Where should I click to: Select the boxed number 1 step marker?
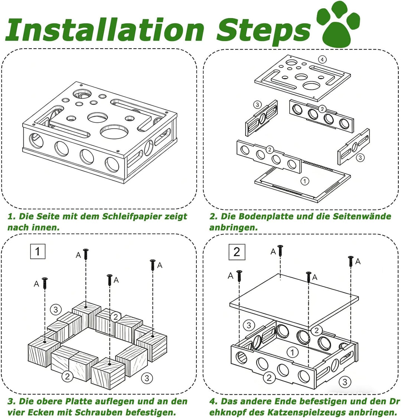click(38, 251)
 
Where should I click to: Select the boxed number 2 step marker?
click(237, 252)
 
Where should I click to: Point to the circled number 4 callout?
click(322, 59)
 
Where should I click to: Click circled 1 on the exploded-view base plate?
click(305, 181)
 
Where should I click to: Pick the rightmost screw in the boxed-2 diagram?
click(351, 261)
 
